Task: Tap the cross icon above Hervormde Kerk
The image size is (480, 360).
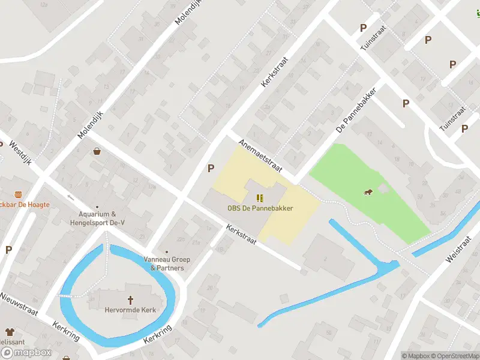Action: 130,299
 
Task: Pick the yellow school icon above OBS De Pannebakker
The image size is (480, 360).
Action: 260,198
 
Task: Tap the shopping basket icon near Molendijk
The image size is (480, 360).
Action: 97,152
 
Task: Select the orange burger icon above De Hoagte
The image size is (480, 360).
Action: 18,194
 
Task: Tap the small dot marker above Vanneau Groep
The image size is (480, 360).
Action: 167,253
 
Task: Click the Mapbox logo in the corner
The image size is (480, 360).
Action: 26,353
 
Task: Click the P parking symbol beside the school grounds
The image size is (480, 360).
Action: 211,169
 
